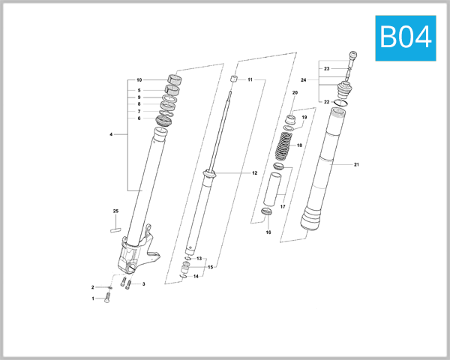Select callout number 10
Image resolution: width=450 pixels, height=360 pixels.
point(139,80)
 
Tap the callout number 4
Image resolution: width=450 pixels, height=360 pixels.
point(111,135)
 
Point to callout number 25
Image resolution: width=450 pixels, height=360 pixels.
point(115,211)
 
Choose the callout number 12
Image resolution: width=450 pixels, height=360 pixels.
point(254,173)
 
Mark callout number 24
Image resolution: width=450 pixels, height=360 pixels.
point(325,79)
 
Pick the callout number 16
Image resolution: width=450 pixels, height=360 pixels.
point(268,232)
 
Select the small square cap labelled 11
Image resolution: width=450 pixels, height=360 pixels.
point(233,79)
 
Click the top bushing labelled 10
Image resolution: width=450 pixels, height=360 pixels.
point(174,80)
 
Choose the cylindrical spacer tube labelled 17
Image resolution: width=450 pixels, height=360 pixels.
point(271,193)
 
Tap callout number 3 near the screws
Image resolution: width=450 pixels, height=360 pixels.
point(143,284)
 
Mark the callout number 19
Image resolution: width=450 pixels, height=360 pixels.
point(304,118)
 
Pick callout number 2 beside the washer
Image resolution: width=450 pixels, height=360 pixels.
point(93,287)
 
